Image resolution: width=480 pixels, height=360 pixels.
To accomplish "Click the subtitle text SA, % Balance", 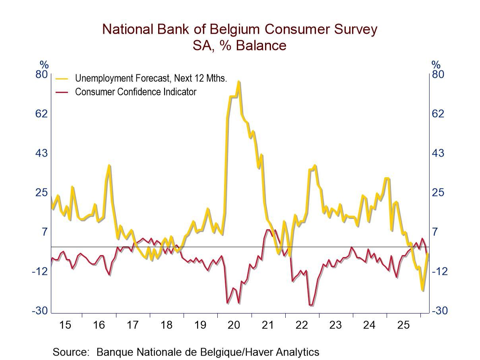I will pyautogui.click(x=240, y=45).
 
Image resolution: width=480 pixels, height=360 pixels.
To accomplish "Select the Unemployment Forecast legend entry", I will pyautogui.click(x=151, y=78).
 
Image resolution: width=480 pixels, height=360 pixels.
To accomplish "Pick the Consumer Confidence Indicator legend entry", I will pyautogui.click(x=135, y=92).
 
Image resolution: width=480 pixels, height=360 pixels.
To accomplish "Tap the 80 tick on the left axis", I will pyautogui.click(x=42, y=74).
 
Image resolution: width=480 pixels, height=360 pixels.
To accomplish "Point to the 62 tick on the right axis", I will pyautogui.click(x=438, y=114).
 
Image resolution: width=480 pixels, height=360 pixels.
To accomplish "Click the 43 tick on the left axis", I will pyautogui.click(x=42, y=153).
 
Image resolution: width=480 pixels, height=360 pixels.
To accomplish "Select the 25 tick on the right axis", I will pyautogui.click(x=438, y=192).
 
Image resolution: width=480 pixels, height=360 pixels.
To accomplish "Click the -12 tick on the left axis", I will pyautogui.click(x=40, y=271).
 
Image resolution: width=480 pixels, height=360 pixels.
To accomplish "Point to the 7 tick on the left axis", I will pyautogui.click(x=45, y=232).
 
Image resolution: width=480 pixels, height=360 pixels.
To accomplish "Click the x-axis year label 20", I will pyautogui.click(x=234, y=325).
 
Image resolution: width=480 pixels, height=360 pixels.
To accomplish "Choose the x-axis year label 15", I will pyautogui.click(x=65, y=325).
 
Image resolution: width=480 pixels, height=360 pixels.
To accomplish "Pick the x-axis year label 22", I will pyautogui.click(x=302, y=325).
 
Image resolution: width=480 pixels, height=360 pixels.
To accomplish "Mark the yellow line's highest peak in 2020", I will pyautogui.click(x=238, y=82).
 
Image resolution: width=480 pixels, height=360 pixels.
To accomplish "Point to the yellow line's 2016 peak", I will pyautogui.click(x=109, y=165).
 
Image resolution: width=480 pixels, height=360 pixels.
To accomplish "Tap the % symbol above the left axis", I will pyautogui.click(x=44, y=65).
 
